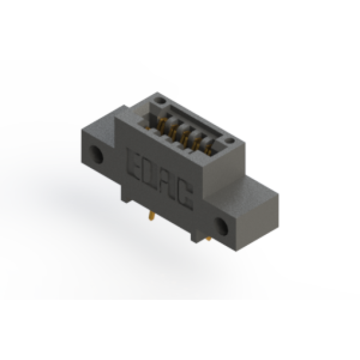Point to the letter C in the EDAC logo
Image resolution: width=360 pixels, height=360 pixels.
[185, 196]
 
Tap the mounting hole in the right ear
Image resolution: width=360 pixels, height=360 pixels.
[221, 226]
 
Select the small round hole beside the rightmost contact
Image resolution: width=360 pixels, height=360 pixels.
[231, 140]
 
